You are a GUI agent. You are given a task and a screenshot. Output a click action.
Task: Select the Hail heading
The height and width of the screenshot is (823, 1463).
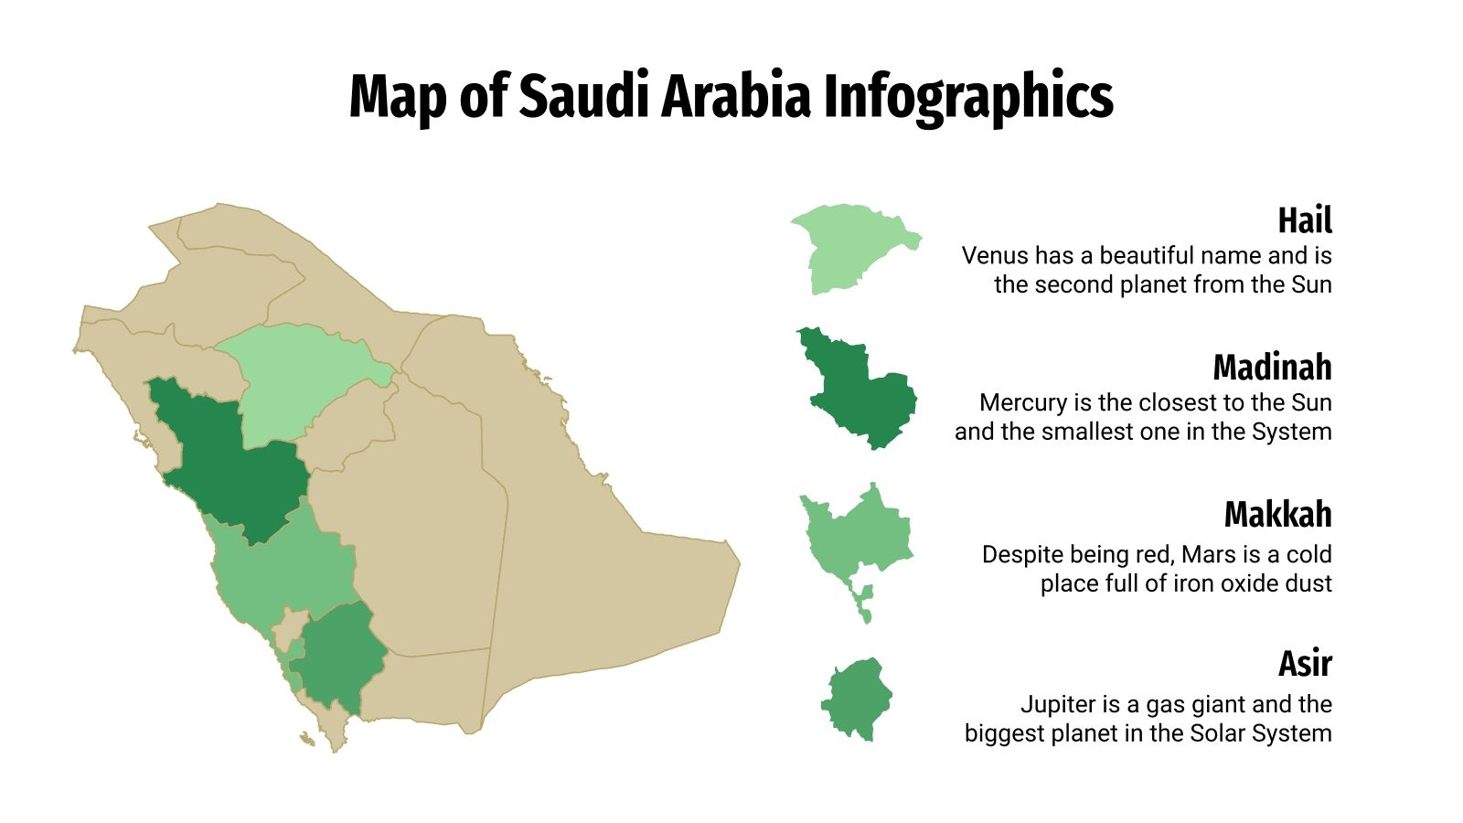[x=1304, y=220]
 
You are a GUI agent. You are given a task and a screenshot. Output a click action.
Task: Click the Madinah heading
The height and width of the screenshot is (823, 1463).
[x=1271, y=368]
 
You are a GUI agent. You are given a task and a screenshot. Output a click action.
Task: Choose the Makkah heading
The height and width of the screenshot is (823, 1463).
[x=1276, y=515]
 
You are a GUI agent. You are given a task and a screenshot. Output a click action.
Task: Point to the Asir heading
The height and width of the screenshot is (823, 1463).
[x=1304, y=663]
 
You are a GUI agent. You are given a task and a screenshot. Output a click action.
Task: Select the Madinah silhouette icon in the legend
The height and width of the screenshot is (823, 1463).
[x=860, y=393]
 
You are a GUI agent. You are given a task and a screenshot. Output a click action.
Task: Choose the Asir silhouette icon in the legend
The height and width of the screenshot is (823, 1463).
[x=857, y=700]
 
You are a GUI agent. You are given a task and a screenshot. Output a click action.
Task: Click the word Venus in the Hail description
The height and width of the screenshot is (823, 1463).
[x=991, y=255]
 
